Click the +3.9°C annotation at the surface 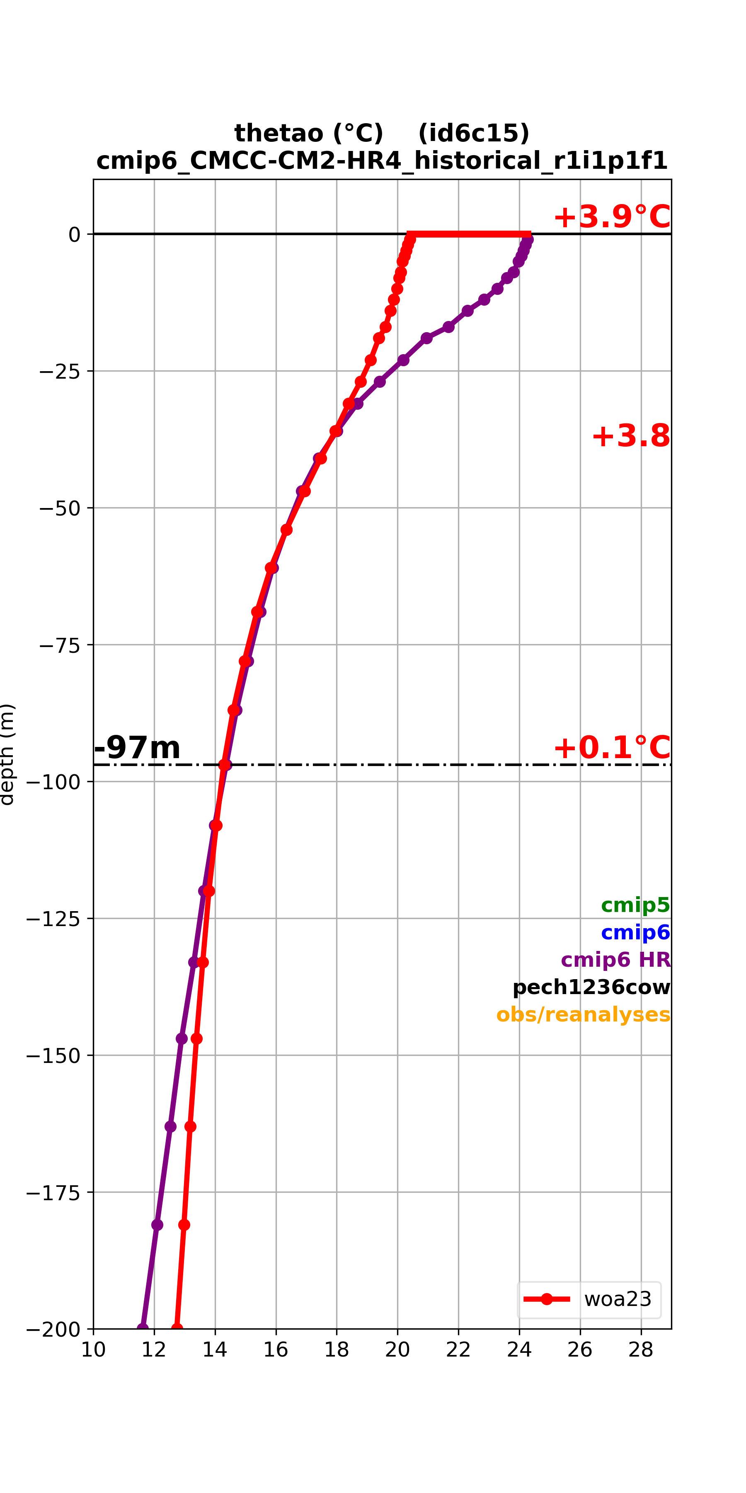click(x=612, y=217)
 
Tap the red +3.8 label click(x=631, y=436)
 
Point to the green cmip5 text click(x=635, y=905)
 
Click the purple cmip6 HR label click(x=616, y=960)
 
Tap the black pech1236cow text click(x=591, y=987)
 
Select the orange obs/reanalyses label click(x=583, y=1015)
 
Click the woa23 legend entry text click(x=618, y=1299)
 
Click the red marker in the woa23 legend click(x=547, y=1299)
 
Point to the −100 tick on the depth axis click(x=53, y=782)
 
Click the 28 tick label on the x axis click(x=641, y=1350)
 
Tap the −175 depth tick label click(x=53, y=1192)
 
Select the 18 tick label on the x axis click(x=337, y=1350)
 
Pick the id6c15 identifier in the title click(x=474, y=133)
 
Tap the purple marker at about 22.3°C click(x=468, y=311)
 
